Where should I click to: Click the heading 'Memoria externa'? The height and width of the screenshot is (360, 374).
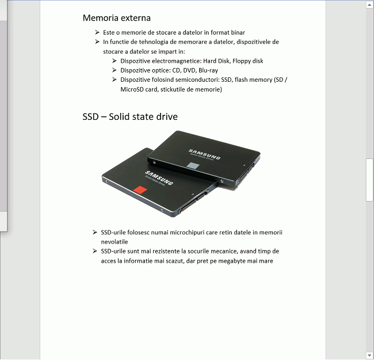[116, 18]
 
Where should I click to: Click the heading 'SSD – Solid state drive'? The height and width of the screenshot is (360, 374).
[130, 117]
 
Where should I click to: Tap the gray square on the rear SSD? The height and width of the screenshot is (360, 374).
[194, 166]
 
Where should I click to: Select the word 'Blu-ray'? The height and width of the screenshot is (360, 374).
[208, 70]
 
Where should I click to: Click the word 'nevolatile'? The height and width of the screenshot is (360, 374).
[115, 242]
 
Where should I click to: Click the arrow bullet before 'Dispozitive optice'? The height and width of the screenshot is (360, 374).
[115, 70]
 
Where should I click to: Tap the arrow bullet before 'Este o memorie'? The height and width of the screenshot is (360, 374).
[98, 33]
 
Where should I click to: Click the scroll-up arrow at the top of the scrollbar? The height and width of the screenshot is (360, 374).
[369, 5]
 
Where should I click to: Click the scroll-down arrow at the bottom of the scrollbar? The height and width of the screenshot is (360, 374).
[369, 355]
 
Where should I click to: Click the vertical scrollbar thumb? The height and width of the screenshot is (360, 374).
[369, 180]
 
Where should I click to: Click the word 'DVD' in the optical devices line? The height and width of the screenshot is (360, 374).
[189, 70]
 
